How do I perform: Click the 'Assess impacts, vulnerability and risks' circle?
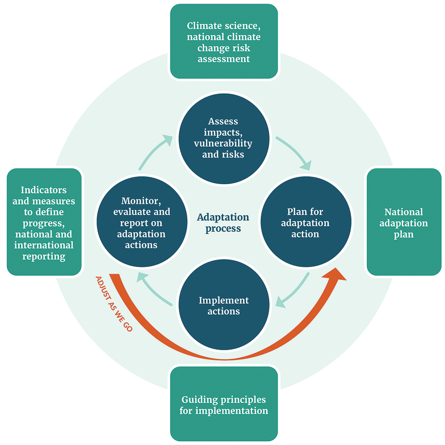(223, 138)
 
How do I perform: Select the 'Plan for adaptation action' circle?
(305, 222)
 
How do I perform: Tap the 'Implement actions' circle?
(223, 306)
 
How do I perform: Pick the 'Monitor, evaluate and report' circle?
(142, 222)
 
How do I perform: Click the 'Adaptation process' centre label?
(223, 222)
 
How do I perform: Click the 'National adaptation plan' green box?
(404, 222)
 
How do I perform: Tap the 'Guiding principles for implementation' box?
(223, 404)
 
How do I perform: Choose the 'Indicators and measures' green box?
(44, 222)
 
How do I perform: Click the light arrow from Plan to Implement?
(294, 291)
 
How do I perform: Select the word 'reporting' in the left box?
(44, 256)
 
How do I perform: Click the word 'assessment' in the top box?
(223, 59)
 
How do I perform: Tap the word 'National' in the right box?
(404, 212)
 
